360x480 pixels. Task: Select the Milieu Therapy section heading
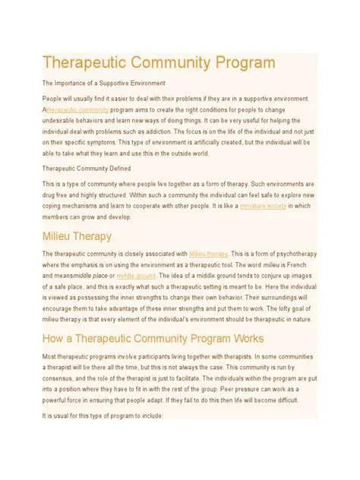(x=77, y=236)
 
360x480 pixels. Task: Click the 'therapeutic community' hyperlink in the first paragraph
(x=77, y=109)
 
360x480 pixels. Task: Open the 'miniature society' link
(x=263, y=205)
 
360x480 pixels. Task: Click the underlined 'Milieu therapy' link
(x=208, y=254)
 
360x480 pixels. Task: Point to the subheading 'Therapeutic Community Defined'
(x=87, y=168)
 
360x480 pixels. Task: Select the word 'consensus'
(x=61, y=377)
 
